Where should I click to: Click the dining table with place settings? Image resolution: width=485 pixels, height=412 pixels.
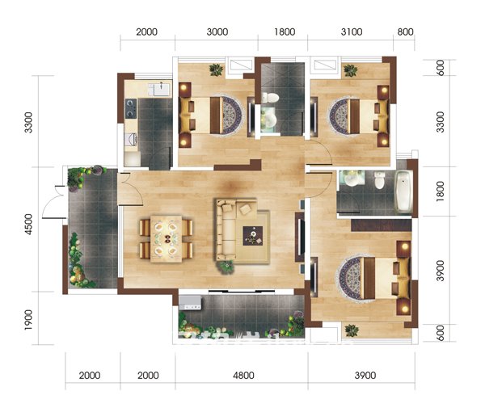pos(166,239)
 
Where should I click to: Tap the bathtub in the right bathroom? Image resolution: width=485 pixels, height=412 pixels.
pos(404,191)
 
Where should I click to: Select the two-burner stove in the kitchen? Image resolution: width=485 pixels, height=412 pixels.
pos(130,108)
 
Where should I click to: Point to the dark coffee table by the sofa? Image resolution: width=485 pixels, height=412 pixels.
pos(253,236)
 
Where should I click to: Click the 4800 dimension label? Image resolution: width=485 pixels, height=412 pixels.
pos(243,376)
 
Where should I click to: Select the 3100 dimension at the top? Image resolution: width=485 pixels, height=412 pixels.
pos(352,32)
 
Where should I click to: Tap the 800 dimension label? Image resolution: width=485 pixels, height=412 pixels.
pos(405,32)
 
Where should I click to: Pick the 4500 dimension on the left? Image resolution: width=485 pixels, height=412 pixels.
pos(28,225)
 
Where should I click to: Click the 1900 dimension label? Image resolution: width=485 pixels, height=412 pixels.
pos(28,319)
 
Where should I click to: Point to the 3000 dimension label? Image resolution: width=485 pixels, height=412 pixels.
pos(217,32)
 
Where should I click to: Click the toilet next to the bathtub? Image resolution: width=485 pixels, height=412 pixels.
pos(379,180)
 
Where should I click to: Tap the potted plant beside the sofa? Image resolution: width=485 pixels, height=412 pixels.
pos(226,267)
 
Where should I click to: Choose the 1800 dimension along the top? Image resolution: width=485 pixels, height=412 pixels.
pos(285,32)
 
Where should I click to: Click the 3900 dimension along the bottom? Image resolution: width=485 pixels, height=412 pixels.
pos(365,376)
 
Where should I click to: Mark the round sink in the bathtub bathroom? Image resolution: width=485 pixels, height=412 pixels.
pos(352,179)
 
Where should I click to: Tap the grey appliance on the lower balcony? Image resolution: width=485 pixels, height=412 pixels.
pos(190,303)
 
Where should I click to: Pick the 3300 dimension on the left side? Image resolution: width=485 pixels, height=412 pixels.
pos(28,123)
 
